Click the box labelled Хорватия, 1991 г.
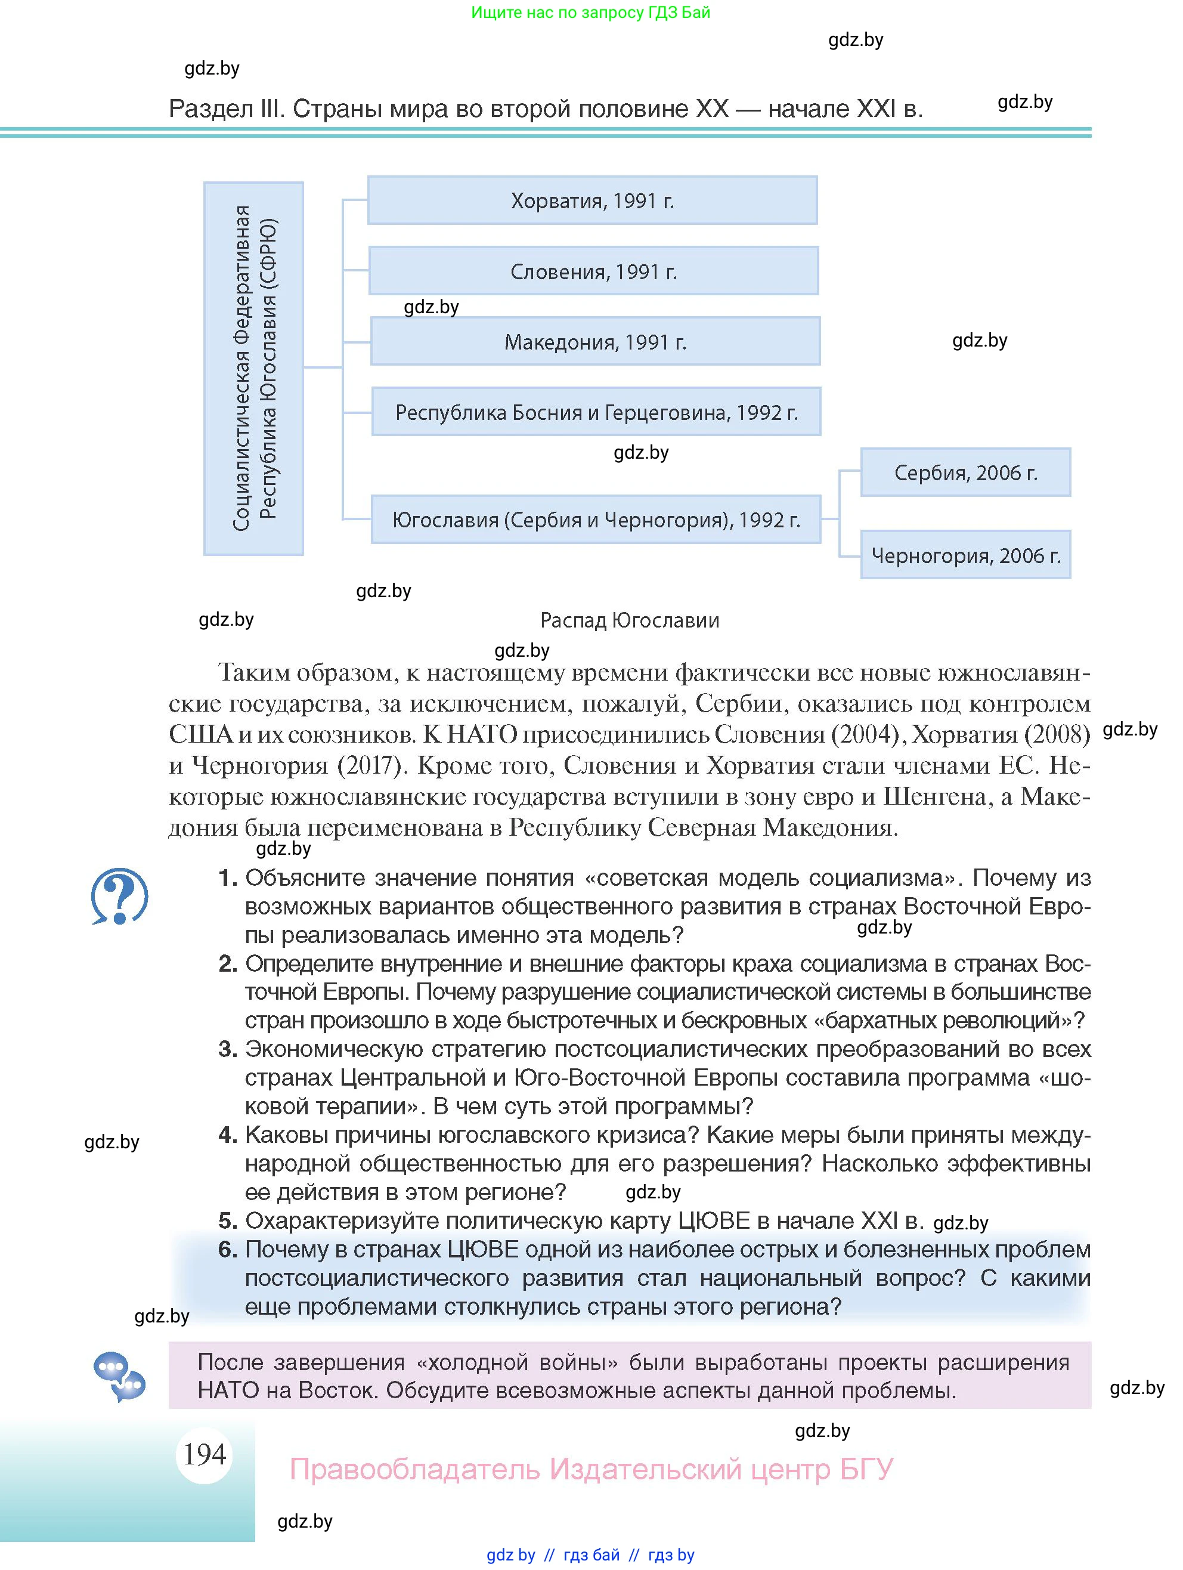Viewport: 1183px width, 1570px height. click(592, 201)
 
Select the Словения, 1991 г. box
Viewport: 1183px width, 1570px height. click(593, 271)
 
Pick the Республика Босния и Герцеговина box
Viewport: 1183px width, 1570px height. click(596, 412)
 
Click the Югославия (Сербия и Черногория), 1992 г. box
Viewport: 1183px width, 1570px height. click(596, 520)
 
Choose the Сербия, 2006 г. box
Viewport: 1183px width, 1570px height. click(965, 472)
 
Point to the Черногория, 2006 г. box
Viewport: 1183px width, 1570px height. click(965, 555)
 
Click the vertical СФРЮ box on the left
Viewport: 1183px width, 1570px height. click(253, 367)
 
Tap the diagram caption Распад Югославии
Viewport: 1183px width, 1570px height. click(630, 620)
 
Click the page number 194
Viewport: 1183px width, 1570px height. click(205, 1454)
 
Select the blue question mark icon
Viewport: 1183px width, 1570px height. click(119, 896)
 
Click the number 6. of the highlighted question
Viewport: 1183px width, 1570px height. click(227, 1250)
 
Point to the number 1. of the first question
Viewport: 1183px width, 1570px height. click(227, 879)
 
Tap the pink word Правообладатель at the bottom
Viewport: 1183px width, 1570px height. click(414, 1469)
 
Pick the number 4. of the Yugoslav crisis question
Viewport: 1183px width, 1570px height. click(227, 1135)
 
